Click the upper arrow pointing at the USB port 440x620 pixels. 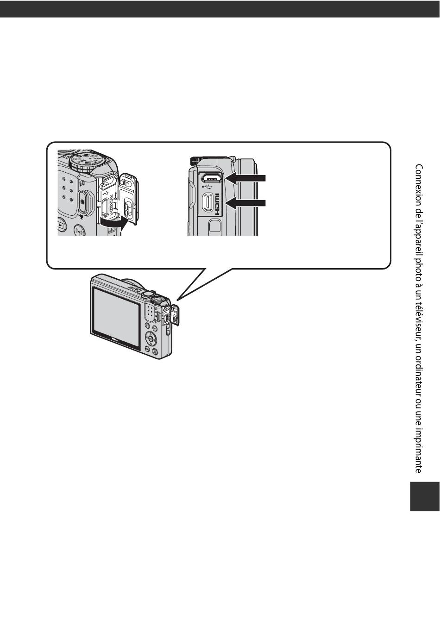click(245, 177)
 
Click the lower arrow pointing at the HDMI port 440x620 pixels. click(245, 202)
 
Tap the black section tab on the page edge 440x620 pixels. click(424, 495)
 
